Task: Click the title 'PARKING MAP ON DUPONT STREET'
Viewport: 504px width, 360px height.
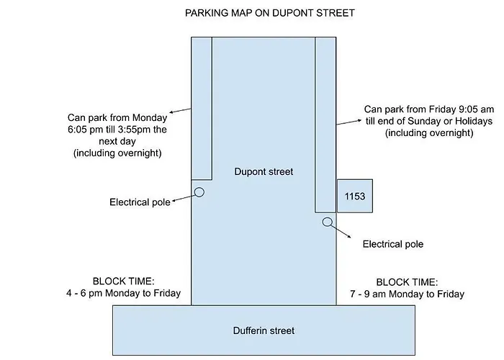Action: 270,13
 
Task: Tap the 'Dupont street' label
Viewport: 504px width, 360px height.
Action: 264,171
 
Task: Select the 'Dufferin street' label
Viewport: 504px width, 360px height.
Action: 264,330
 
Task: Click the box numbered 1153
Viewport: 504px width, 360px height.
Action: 355,196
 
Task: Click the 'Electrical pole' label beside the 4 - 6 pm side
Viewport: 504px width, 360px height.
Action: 140,202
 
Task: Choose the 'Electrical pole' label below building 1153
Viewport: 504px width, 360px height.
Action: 393,244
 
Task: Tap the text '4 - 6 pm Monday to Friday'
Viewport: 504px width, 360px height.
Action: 123,293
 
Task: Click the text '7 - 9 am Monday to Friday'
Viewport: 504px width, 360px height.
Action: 407,294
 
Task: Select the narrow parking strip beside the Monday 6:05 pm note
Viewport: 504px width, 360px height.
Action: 202,108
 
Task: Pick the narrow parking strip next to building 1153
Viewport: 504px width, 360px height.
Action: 325,125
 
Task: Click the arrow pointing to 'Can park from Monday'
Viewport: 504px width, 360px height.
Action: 180,111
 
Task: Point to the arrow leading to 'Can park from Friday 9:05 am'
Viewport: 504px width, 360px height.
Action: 349,122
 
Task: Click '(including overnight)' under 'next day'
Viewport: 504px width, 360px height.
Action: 117,153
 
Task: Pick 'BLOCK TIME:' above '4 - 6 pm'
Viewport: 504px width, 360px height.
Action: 123,282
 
